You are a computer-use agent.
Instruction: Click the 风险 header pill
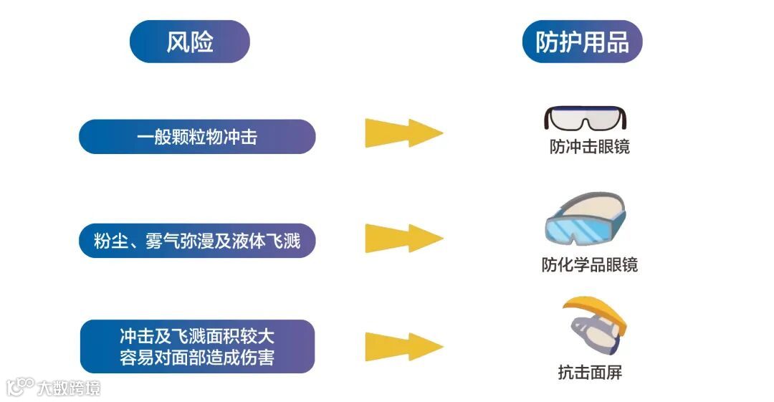point(190,42)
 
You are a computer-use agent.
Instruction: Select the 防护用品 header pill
point(582,42)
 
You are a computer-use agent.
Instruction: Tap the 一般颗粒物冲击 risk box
point(197,137)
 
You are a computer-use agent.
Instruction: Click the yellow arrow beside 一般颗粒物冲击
point(403,133)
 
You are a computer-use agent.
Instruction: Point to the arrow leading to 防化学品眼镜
point(403,238)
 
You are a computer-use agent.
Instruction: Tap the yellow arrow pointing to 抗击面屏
point(403,346)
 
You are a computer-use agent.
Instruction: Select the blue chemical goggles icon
point(584,220)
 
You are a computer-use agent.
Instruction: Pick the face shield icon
point(595,325)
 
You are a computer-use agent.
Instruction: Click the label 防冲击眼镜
point(589,148)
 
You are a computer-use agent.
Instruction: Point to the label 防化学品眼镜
point(589,264)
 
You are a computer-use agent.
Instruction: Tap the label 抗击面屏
point(589,372)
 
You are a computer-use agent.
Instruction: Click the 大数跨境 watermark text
point(70,388)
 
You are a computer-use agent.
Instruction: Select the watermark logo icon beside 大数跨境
point(20,387)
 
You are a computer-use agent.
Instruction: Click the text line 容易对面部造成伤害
point(197,357)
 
